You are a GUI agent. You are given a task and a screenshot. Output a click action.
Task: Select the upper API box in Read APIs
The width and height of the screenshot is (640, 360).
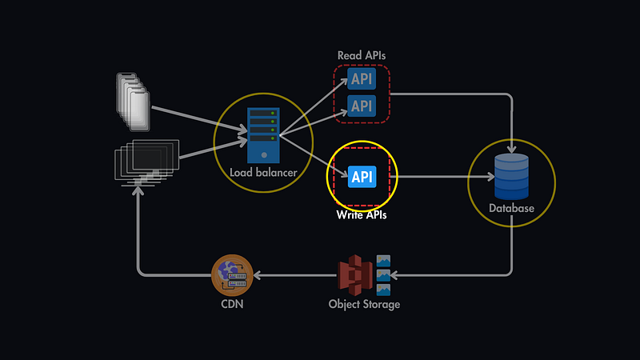(x=362, y=78)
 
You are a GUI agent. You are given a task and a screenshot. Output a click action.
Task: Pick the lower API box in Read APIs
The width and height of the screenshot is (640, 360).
(x=362, y=105)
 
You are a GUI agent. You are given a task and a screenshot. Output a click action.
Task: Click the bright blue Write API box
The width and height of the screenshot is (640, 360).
(x=362, y=177)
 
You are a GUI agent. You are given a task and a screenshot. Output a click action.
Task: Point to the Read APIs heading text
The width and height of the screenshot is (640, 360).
(x=362, y=55)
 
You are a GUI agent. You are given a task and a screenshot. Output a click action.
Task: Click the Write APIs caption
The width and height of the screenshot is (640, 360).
(x=361, y=215)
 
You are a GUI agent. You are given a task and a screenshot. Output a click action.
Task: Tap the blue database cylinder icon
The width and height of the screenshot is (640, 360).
(x=511, y=176)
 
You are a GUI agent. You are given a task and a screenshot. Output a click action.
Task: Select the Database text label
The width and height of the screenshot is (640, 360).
(x=511, y=209)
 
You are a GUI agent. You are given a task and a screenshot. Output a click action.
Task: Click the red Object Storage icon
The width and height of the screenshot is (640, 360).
(x=355, y=274)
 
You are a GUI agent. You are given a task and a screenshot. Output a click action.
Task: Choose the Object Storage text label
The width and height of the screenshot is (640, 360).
(x=364, y=305)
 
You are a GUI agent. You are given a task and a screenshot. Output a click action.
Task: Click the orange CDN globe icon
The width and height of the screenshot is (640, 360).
(x=232, y=274)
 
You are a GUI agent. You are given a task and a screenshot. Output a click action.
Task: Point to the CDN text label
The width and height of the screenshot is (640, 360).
(x=232, y=305)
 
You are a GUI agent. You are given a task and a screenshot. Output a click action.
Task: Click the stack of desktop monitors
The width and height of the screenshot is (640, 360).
(x=146, y=160)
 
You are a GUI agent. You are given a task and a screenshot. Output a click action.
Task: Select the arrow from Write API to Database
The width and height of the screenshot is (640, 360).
(x=432, y=177)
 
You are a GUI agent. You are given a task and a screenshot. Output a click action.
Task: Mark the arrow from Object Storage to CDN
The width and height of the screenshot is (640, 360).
(x=296, y=275)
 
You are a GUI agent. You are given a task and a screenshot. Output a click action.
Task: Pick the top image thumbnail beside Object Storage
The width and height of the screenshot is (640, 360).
(x=383, y=261)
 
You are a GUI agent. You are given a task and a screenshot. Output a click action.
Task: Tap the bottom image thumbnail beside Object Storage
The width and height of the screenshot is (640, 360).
(x=383, y=290)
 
